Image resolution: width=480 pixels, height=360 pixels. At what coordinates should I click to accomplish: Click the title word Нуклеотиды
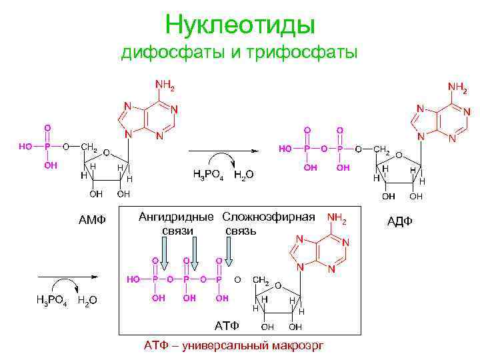[x=239, y=25]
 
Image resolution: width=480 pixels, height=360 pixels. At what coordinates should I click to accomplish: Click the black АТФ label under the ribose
[x=226, y=326]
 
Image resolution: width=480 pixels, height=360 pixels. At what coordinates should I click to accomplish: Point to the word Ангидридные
[x=176, y=217]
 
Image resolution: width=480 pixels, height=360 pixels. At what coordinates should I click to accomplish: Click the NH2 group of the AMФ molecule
[x=165, y=85]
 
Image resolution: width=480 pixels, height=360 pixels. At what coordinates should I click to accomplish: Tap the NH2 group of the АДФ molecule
[x=457, y=87]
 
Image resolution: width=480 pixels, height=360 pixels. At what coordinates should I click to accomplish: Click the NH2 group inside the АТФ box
[x=337, y=218]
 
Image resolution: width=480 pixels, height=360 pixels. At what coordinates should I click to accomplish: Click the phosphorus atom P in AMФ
[x=47, y=147]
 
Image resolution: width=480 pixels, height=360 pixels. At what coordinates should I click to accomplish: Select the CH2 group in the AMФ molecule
[x=89, y=147]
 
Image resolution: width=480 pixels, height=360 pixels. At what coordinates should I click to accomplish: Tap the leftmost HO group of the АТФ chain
[x=134, y=279]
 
